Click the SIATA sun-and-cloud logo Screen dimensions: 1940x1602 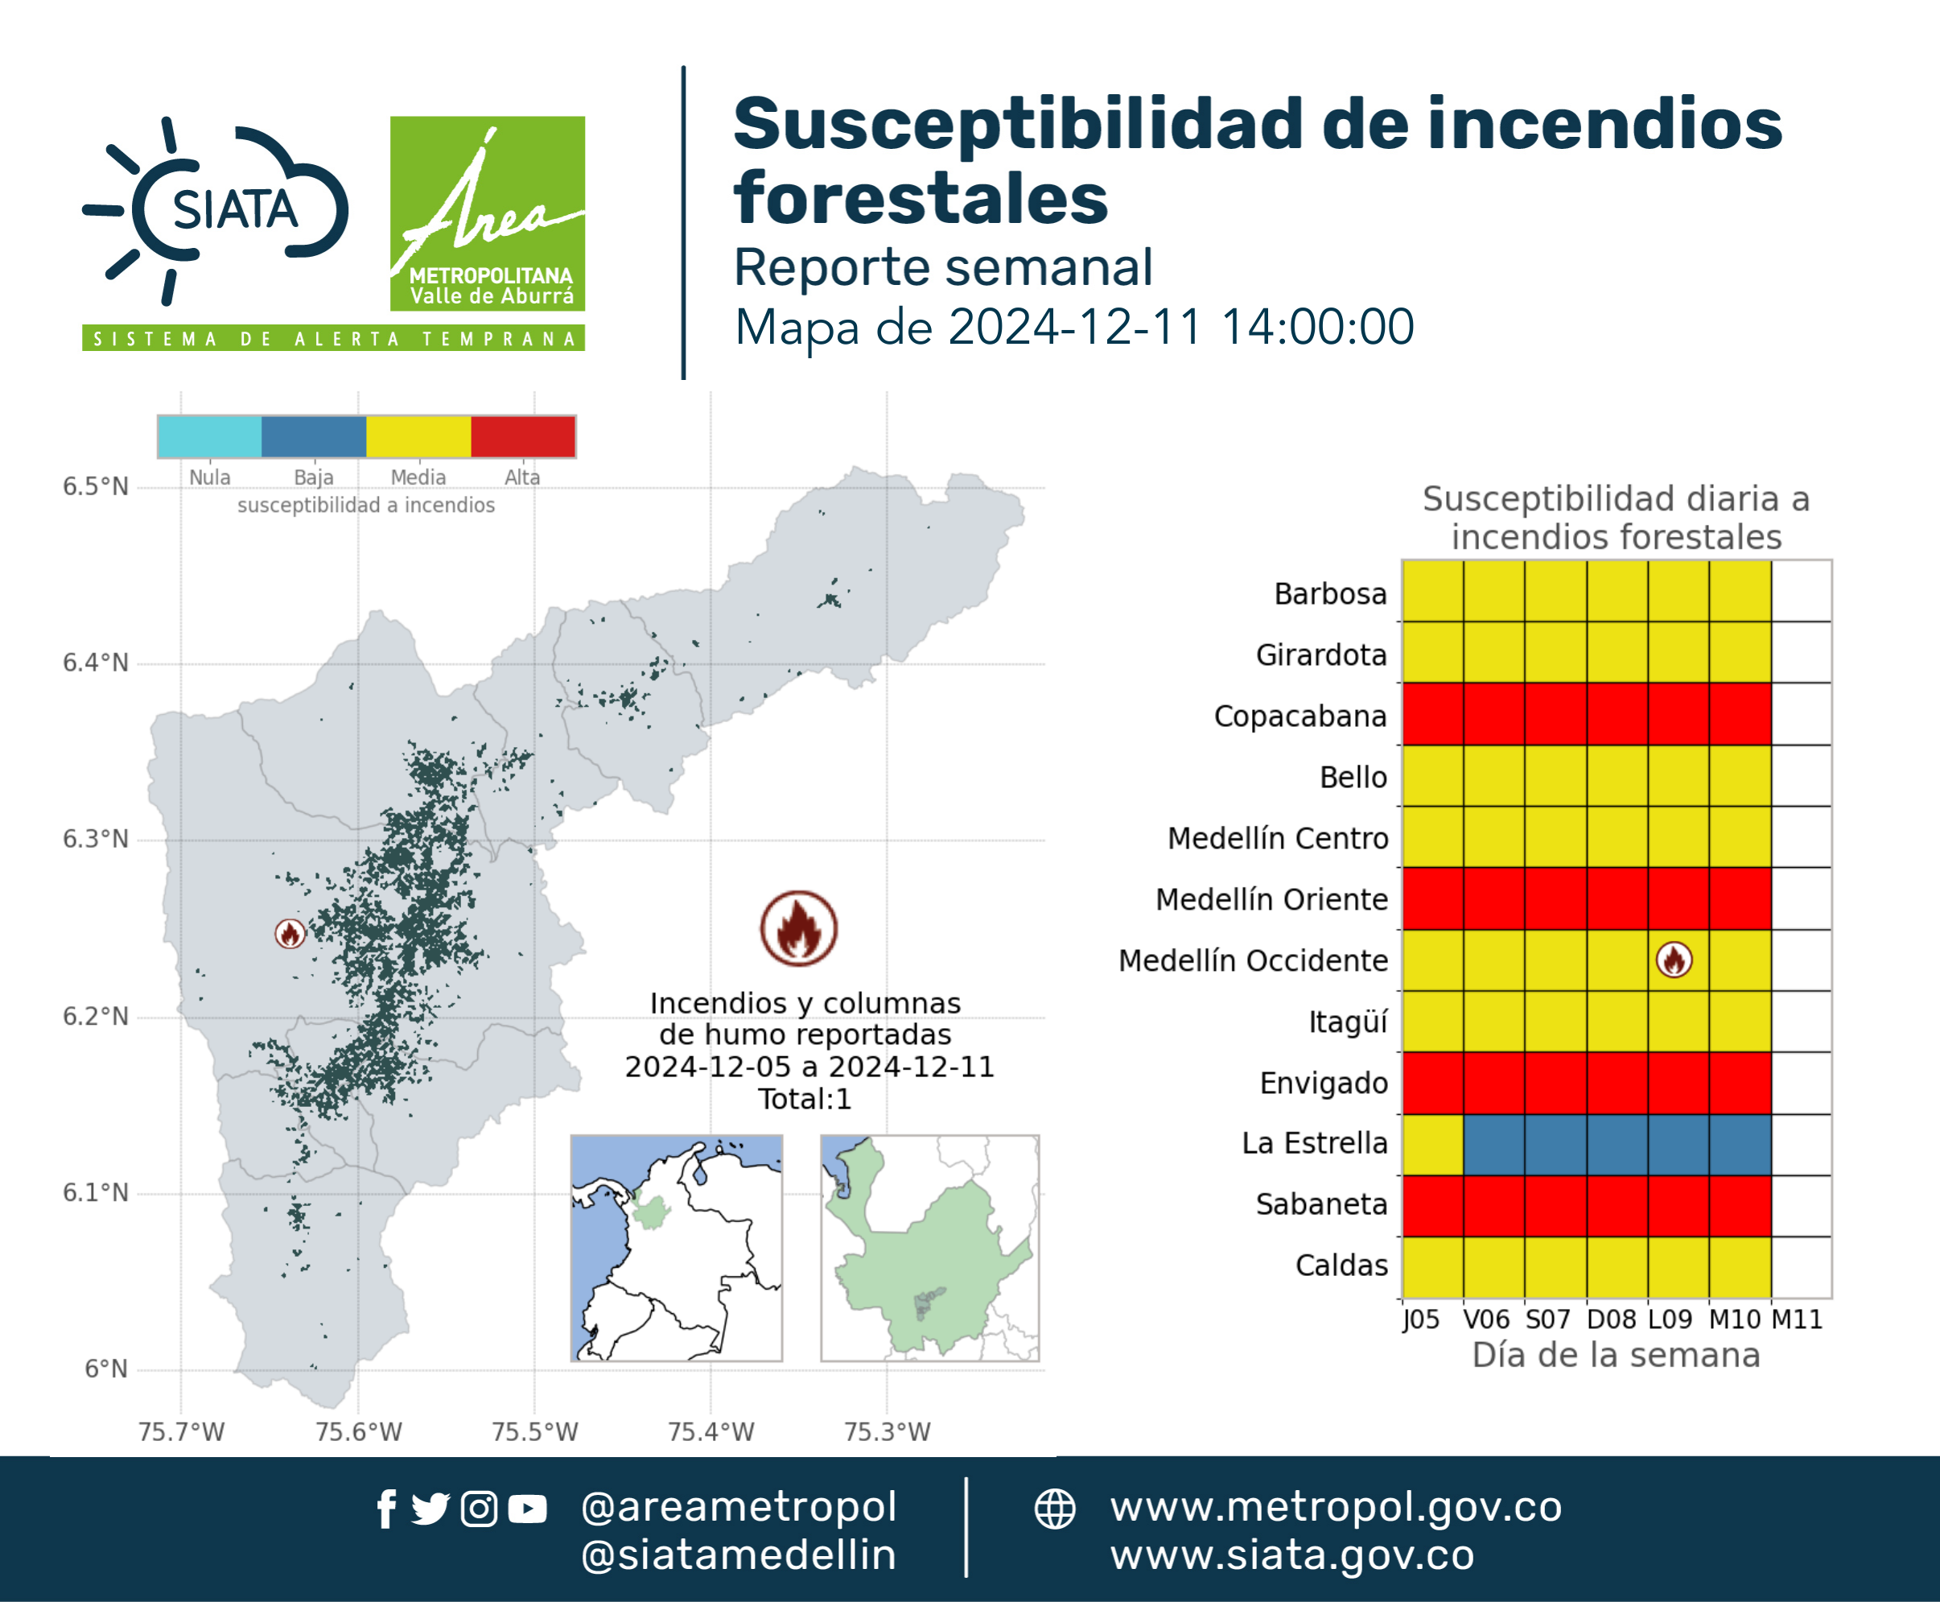click(215, 210)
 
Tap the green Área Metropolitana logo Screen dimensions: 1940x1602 click(487, 213)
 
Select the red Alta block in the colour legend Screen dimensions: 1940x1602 click(523, 436)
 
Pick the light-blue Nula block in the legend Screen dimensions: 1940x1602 click(209, 436)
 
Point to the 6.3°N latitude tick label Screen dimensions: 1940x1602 click(95, 839)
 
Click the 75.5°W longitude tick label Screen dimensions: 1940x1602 click(534, 1431)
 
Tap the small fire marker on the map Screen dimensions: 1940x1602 click(290, 934)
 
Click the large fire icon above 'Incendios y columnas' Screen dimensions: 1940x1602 click(799, 928)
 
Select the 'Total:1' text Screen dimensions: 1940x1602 click(805, 1099)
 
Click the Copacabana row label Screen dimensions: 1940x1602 click(1300, 716)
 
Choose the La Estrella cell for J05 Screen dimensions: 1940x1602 click(1432, 1144)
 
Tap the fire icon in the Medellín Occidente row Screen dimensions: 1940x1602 click(1674, 960)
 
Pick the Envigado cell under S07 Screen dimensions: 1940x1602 click(1555, 1084)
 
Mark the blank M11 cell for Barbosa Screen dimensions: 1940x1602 click(1802, 591)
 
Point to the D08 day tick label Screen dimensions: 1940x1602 click(1612, 1319)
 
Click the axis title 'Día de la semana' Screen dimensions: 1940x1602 click(1617, 1355)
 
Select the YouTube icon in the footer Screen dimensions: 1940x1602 click(527, 1509)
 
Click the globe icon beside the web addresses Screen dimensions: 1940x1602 click(1054, 1509)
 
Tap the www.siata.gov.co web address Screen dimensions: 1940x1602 click(1292, 1555)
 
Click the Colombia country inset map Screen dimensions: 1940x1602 click(676, 1248)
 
